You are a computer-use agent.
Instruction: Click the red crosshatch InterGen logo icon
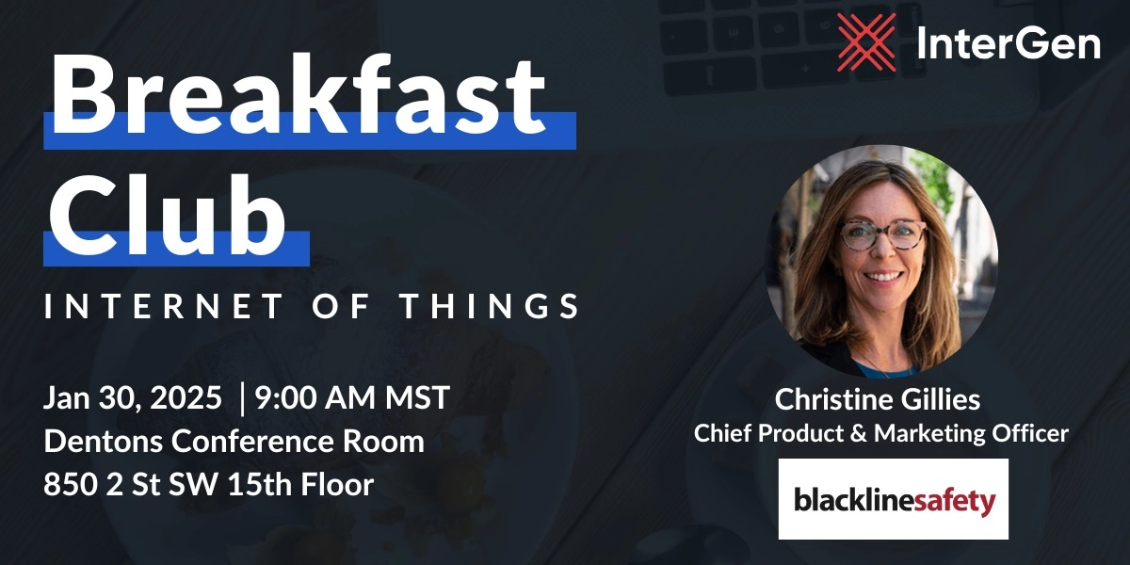(x=867, y=42)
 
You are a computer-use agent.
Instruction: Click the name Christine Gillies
(x=877, y=399)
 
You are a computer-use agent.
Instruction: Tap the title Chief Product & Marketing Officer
(x=880, y=433)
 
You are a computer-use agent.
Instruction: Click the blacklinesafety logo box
(x=893, y=498)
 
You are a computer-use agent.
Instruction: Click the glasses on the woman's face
(x=882, y=234)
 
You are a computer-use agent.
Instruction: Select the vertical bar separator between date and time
(x=244, y=398)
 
